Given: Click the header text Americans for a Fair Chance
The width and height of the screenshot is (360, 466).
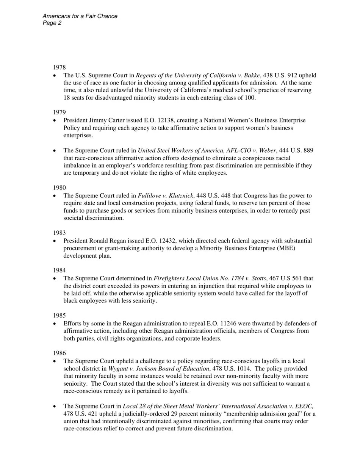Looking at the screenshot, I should pyautogui.click(x=80, y=16).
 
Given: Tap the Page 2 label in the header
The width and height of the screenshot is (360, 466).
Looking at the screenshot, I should pyautogui.click(x=52, y=23).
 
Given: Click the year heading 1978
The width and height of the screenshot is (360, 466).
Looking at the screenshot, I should pyautogui.click(x=59, y=67).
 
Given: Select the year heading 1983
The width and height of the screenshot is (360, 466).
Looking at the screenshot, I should pyautogui.click(x=59, y=233).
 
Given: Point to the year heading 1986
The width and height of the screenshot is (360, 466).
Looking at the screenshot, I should pyautogui.click(x=59, y=353).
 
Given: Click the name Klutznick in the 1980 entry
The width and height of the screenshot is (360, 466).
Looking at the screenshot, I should pyautogui.click(x=180, y=195).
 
